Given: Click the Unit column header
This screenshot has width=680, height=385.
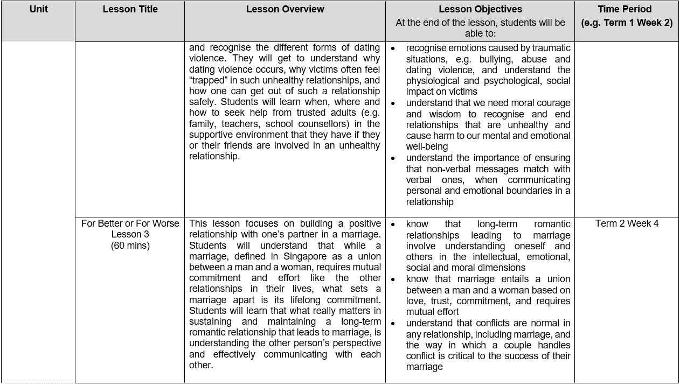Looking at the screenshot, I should [39, 9].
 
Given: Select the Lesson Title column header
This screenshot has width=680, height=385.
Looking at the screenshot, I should [130, 9].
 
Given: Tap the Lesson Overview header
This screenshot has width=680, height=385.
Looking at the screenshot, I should [285, 9].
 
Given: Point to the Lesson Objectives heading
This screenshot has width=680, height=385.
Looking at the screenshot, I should [480, 9].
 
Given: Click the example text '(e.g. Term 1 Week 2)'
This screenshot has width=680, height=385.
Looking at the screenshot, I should [627, 23].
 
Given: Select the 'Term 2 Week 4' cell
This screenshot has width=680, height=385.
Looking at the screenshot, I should [627, 223].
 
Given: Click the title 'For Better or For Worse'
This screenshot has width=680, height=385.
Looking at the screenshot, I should [130, 223].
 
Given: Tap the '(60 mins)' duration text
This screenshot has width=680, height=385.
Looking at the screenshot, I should [130, 246].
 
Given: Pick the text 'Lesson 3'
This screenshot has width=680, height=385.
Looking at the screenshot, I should [130, 234].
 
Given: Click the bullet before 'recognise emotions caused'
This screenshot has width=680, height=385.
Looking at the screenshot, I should [393, 48].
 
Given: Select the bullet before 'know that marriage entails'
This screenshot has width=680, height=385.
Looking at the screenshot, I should [393, 279].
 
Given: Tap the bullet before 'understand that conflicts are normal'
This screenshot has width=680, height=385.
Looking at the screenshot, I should [393, 324].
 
